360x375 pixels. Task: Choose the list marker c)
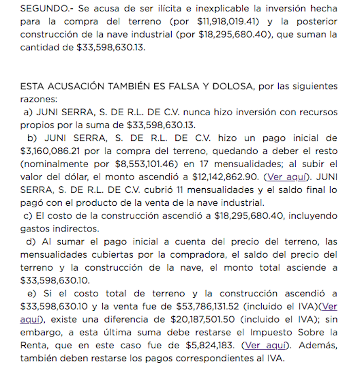[x=29, y=216]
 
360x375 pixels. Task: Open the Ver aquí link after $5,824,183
[x=266, y=345]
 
